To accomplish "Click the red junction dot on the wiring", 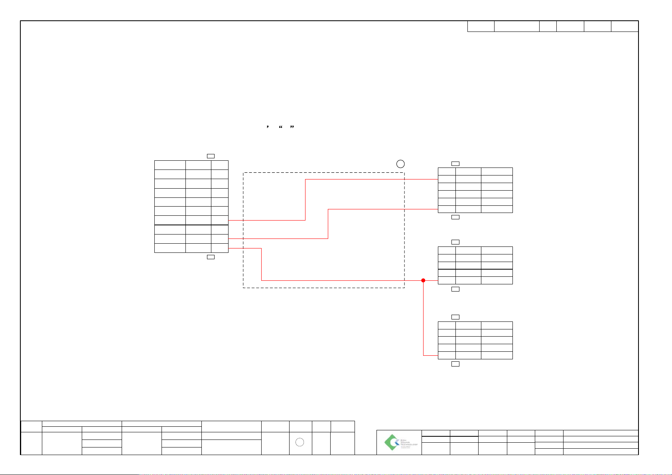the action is (x=424, y=280).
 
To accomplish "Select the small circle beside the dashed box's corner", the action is (x=401, y=164).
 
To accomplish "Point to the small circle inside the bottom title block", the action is (x=301, y=442).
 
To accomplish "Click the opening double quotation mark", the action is (x=281, y=127).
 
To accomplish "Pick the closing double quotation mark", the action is (x=292, y=127).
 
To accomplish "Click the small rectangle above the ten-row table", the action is (x=211, y=156).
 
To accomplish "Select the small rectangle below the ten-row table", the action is (x=211, y=257).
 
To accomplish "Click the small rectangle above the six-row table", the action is (x=455, y=164).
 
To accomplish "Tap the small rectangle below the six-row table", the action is (x=455, y=217).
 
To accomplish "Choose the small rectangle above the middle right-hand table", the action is (x=455, y=242).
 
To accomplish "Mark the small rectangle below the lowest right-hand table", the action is (x=455, y=364).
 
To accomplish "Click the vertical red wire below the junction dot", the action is (x=424, y=319).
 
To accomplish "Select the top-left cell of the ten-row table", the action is (x=170, y=165).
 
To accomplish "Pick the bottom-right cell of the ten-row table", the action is (x=220, y=248).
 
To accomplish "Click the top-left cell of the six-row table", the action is (x=447, y=171).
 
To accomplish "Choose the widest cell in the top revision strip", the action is (x=516, y=26).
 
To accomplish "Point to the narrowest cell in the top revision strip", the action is (x=548, y=26).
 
